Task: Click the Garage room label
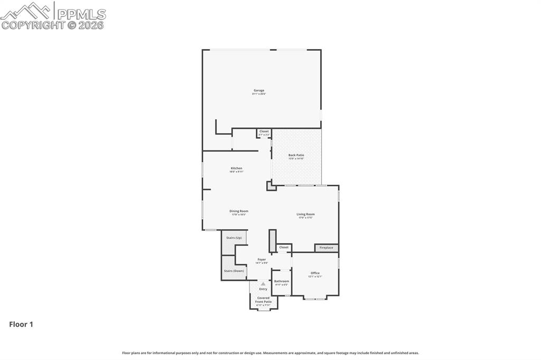coord(259,91)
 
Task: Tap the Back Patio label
coord(296,156)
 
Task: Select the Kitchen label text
coord(236,169)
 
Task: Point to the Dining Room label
coord(239,212)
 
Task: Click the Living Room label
coord(305,215)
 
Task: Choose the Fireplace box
coord(327,248)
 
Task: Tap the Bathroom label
coord(282,282)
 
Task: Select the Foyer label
coord(262,260)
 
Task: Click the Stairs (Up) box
coord(234,238)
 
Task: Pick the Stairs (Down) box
coord(234,271)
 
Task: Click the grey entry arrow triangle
coord(263,283)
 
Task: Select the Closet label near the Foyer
coord(284,247)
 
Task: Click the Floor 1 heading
coord(21,325)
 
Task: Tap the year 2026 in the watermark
coord(91,25)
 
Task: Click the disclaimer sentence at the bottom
coord(270,353)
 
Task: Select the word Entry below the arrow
coord(263,289)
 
